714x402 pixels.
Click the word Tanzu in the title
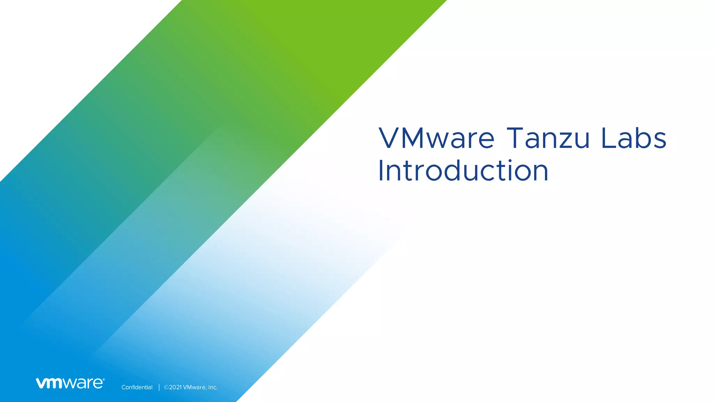[x=548, y=138]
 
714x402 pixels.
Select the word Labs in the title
[x=634, y=138]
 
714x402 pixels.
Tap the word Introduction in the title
[x=463, y=171]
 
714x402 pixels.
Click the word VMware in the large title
[x=436, y=138]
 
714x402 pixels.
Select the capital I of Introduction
[x=381, y=171]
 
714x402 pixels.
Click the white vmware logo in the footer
[x=70, y=383]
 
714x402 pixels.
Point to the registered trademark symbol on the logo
[x=104, y=379]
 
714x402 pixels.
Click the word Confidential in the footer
[x=137, y=387]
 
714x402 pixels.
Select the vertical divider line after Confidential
[x=159, y=387]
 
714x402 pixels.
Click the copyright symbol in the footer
[x=166, y=387]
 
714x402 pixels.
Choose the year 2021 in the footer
[x=175, y=387]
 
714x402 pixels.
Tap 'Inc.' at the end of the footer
[x=212, y=387]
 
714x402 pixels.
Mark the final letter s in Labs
[x=659, y=141]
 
